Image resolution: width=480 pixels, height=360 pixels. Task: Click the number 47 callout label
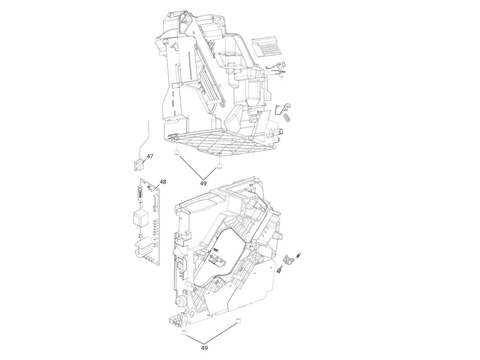[150, 156]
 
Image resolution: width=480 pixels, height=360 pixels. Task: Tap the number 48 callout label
[163, 182]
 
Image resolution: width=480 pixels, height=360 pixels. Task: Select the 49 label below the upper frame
[203, 183]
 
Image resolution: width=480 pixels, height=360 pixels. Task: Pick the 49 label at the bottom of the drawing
[205, 348]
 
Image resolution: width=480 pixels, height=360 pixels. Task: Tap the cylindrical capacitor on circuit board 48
[141, 247]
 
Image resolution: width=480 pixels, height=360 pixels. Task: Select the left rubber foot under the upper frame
[176, 153]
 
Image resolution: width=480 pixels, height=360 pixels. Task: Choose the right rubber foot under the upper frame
[219, 167]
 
